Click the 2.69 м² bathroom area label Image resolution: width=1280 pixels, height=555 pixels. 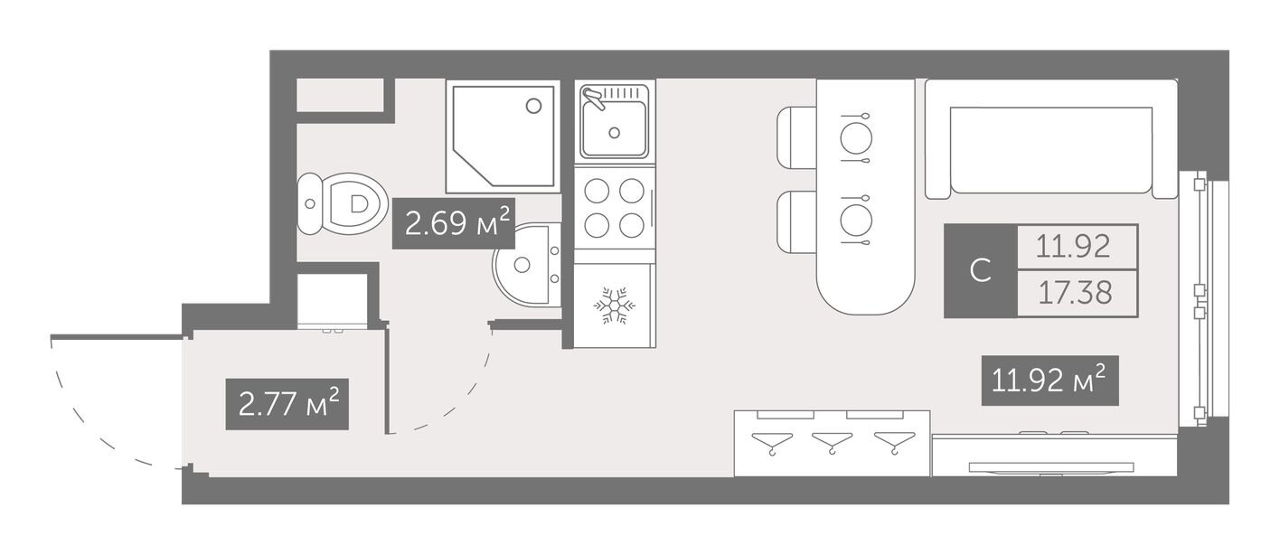pyautogui.click(x=454, y=223)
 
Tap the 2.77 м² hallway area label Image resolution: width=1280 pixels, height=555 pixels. pyautogui.click(x=287, y=404)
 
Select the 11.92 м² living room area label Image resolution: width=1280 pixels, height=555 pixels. pyautogui.click(x=1049, y=381)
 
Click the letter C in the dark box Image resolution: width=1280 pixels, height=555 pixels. pyautogui.click(x=981, y=270)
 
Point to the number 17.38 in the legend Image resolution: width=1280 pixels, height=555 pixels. pyautogui.click(x=1075, y=293)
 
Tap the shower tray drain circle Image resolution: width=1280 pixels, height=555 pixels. pyautogui.click(x=533, y=106)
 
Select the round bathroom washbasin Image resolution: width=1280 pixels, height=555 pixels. pyautogui.click(x=527, y=265)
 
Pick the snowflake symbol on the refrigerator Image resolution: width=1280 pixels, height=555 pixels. pyautogui.click(x=615, y=306)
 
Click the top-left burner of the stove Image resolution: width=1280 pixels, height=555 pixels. pyautogui.click(x=597, y=191)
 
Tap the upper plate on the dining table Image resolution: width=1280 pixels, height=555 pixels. pyautogui.click(x=856, y=138)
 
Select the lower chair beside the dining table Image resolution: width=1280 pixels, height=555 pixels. pyautogui.click(x=797, y=221)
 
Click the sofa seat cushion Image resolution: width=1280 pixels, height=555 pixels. pyautogui.click(x=1051, y=150)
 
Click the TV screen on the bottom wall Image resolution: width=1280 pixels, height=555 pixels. pyautogui.click(x=1051, y=467)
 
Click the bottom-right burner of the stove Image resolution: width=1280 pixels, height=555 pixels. pyautogui.click(x=632, y=225)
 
